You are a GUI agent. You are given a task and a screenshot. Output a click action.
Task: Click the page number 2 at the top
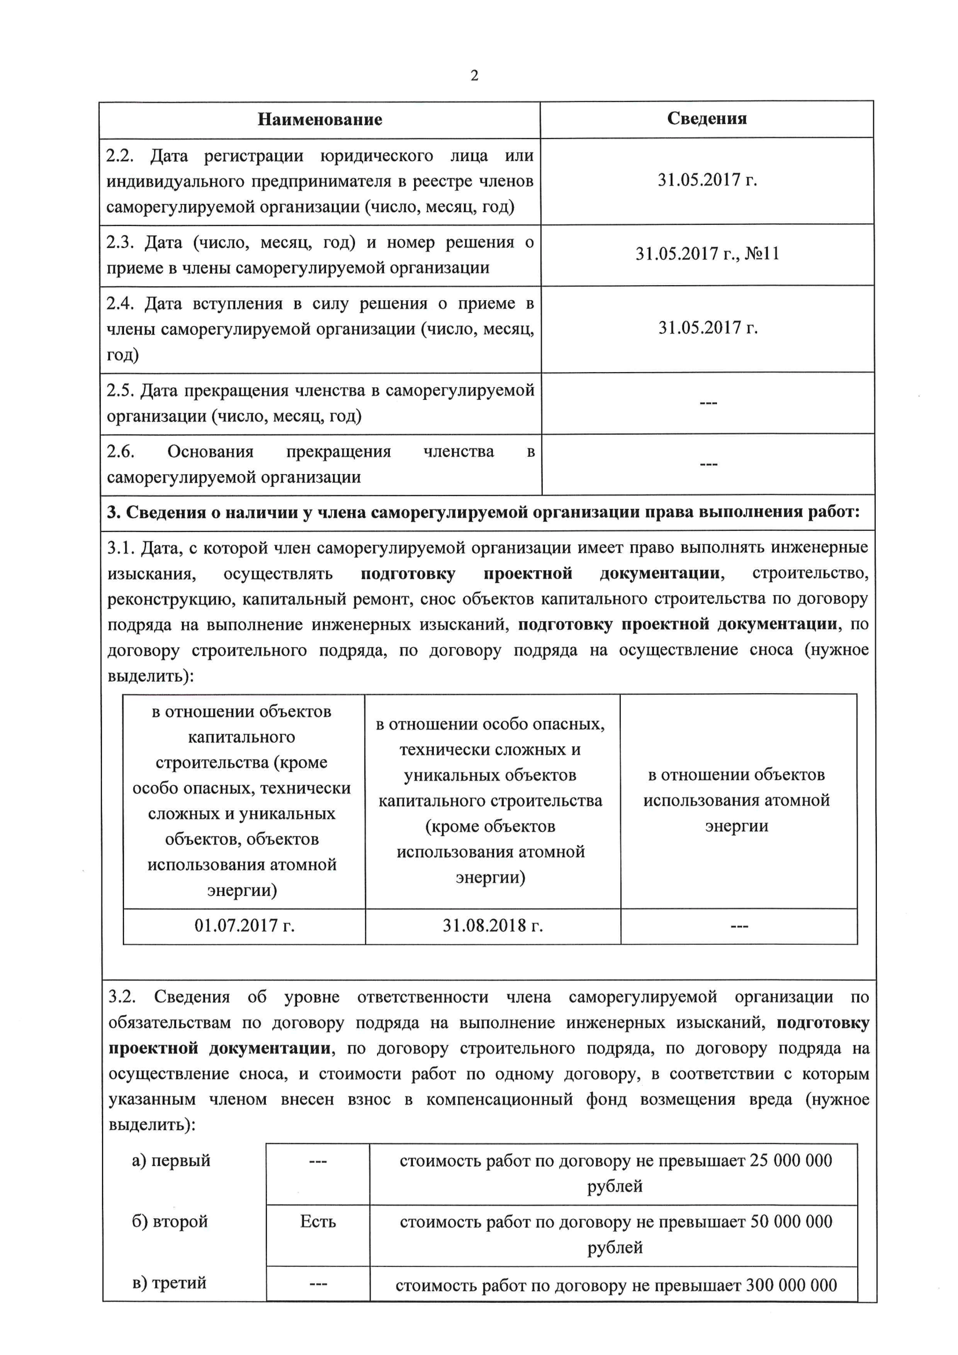tap(474, 75)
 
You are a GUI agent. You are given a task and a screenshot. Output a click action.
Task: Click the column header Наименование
tap(320, 120)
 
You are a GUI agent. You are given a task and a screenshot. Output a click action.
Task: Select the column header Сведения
tap(707, 119)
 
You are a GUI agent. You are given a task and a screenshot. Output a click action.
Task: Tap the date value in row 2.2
tap(707, 180)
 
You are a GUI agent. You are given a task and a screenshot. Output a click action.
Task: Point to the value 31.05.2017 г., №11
tap(707, 254)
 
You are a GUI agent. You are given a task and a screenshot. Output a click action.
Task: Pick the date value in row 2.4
tap(708, 327)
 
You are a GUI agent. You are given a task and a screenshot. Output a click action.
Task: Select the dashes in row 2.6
tap(708, 464)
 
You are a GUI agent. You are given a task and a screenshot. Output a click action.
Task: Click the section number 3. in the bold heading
tap(114, 512)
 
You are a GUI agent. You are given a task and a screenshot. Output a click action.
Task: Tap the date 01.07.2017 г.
tap(244, 926)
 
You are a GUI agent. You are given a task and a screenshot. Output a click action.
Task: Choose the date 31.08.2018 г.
tap(492, 926)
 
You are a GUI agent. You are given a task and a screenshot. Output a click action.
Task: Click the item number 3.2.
tap(122, 997)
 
